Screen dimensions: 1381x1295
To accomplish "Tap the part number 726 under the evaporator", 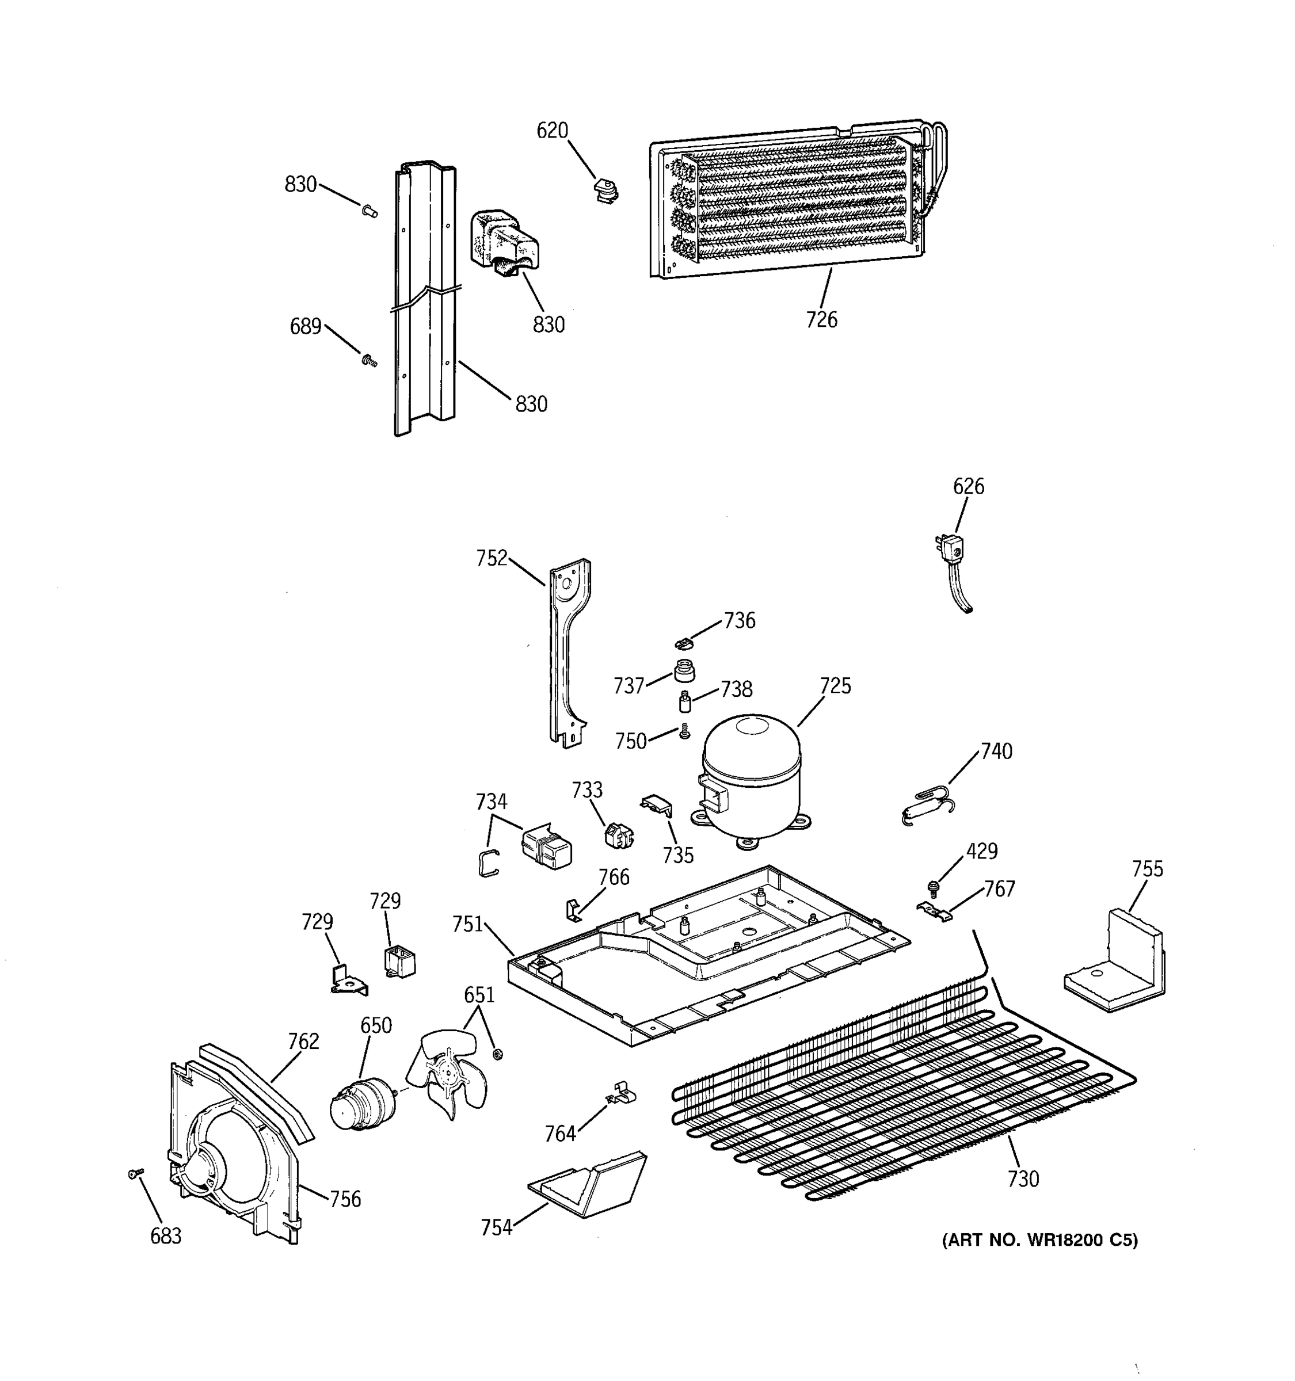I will click(821, 319).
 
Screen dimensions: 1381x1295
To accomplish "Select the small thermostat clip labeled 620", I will click(606, 191).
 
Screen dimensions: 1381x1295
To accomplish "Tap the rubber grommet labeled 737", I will click(684, 671).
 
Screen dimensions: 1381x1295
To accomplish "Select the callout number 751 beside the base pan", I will click(467, 924).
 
